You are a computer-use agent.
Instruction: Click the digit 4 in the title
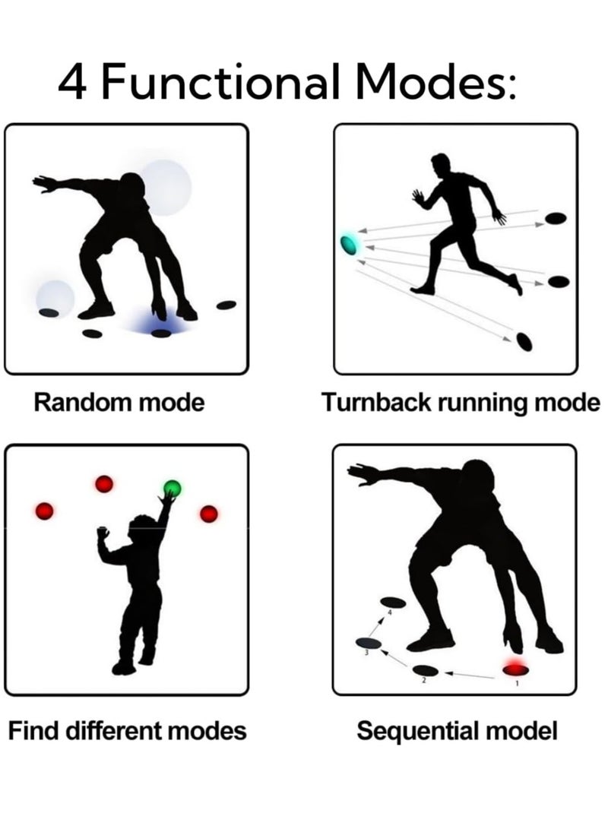coord(71,82)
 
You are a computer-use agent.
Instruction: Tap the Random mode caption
coord(119,402)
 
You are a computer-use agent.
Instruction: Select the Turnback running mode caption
coord(461,403)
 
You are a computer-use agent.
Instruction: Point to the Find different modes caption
coord(128,731)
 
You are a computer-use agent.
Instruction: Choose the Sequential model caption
coord(457,731)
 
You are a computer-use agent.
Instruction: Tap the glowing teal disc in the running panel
coord(348,244)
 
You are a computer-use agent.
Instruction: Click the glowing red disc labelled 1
coord(515,670)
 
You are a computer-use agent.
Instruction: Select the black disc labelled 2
coord(426,670)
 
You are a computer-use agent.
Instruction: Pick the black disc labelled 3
coord(369,642)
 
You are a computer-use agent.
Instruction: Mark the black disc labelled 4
coord(394,603)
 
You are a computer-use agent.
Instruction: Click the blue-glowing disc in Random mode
coord(161,333)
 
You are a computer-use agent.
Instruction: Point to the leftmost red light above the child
coord(44,511)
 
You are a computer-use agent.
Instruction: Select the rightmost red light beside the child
coord(209,514)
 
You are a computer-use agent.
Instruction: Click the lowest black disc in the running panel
coord(524,341)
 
